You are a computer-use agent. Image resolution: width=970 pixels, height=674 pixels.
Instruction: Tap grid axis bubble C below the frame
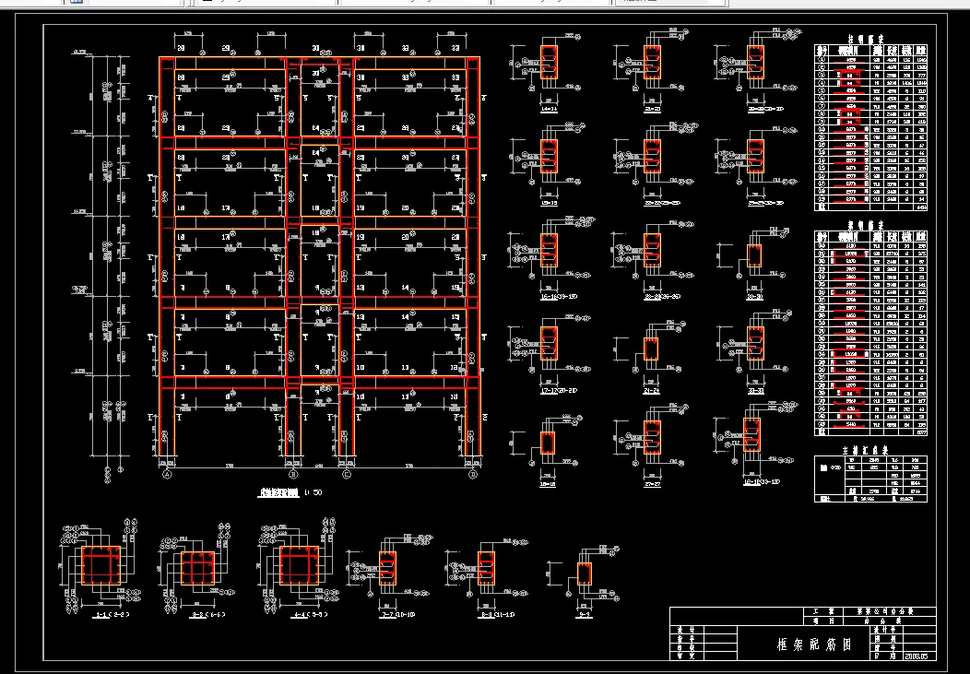coord(347,476)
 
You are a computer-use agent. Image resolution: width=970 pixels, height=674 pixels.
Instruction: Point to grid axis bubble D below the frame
coord(472,476)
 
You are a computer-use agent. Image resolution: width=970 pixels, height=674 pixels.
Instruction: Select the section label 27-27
coord(651,482)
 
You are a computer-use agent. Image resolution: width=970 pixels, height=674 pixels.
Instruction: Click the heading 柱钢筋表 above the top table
coord(869,40)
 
